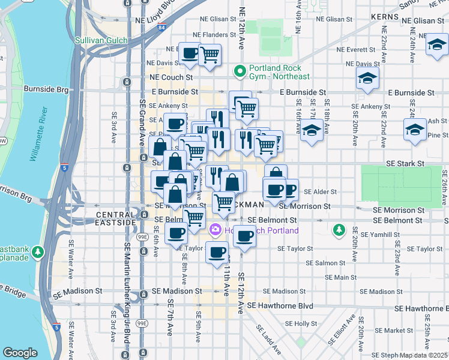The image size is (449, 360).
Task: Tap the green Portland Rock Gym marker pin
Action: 241,71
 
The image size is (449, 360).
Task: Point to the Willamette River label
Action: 37,135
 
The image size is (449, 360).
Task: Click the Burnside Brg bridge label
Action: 46,89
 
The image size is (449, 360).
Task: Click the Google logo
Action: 20,353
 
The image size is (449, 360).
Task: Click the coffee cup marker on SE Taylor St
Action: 217,251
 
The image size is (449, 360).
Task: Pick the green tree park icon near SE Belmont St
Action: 339,229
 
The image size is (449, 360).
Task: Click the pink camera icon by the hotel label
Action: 215,230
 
